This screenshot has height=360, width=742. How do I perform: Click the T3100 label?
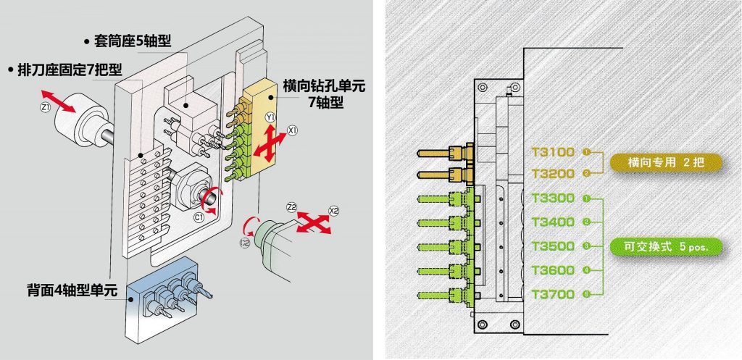[x=553, y=152]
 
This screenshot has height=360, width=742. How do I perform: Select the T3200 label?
[x=553, y=174]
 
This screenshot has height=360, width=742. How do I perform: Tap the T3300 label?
[x=553, y=198]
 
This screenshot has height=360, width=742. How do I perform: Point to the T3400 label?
[x=553, y=222]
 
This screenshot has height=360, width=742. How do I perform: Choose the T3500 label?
[x=553, y=246]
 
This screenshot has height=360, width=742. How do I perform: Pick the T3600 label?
[x=553, y=270]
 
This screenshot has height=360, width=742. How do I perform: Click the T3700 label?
[x=553, y=294]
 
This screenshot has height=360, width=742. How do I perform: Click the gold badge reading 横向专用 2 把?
[x=665, y=162]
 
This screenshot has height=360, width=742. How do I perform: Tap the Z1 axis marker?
[x=44, y=108]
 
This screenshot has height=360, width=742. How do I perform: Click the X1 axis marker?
[x=292, y=130]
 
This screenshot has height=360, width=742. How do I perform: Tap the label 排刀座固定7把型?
[x=64, y=70]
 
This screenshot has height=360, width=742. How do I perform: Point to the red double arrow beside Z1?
[x=57, y=100]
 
